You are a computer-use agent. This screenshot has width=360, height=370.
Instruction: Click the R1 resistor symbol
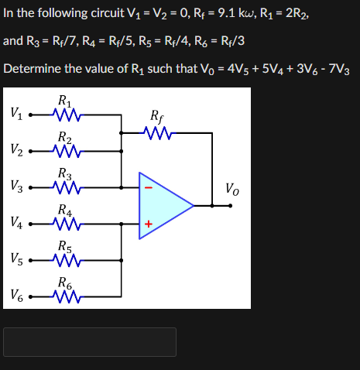(x=66, y=115)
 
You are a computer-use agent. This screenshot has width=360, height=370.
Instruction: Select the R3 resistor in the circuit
(x=66, y=187)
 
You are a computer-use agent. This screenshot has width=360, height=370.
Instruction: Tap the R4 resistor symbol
(x=66, y=223)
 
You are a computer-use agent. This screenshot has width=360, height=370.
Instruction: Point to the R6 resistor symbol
(x=66, y=294)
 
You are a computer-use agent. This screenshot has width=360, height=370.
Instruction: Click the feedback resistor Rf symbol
(x=159, y=133)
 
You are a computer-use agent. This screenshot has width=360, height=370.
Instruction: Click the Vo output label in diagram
(x=232, y=188)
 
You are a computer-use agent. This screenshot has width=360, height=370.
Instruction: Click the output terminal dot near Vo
(x=231, y=206)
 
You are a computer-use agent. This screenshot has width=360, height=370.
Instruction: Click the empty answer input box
(x=90, y=342)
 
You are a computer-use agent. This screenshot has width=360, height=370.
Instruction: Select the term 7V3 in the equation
(x=341, y=69)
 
